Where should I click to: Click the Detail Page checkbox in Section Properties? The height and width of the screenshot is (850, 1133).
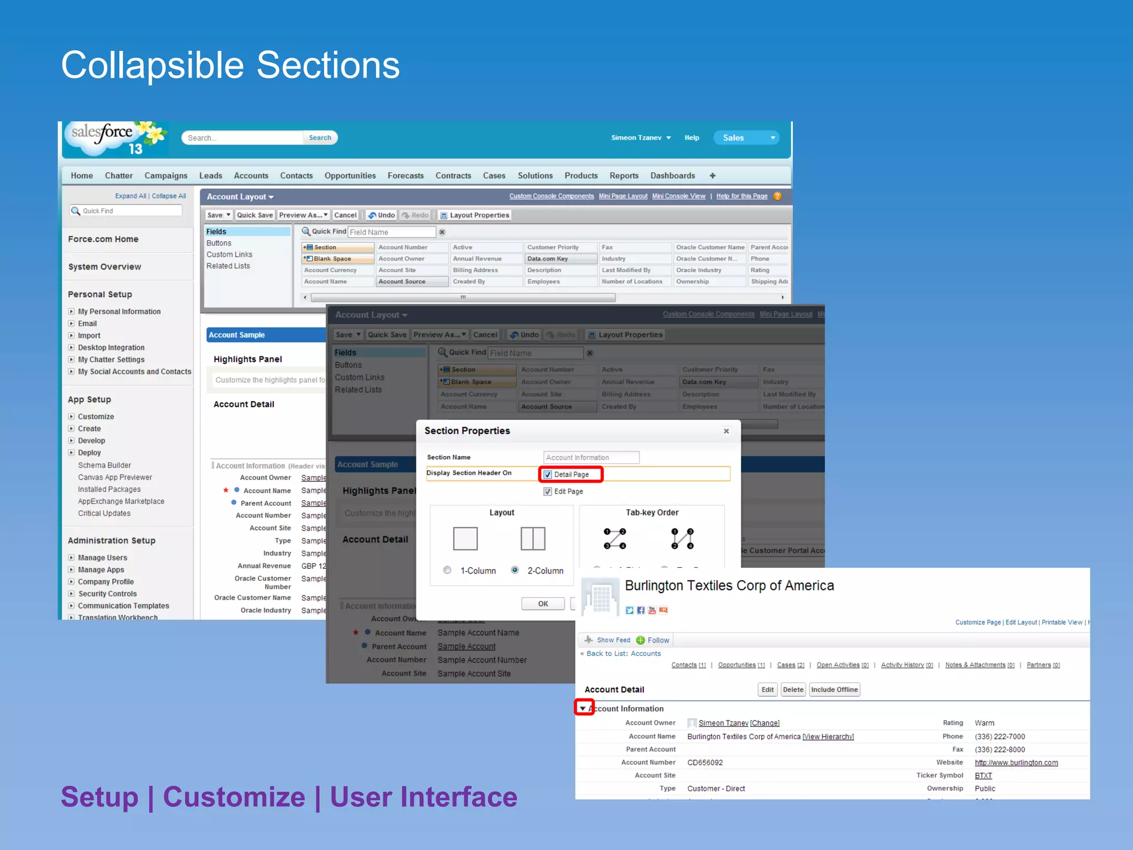(548, 474)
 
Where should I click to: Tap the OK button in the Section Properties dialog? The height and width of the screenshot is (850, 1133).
(543, 604)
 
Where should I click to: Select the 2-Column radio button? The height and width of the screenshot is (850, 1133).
(514, 570)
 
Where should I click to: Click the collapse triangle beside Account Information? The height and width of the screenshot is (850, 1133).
(583, 708)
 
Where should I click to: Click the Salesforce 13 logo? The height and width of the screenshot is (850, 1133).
(115, 138)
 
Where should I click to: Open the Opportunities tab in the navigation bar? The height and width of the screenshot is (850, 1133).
(350, 175)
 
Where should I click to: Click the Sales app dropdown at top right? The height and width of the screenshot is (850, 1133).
(746, 138)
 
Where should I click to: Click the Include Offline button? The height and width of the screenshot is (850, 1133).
(834, 690)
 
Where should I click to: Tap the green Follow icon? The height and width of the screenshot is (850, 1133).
(641, 640)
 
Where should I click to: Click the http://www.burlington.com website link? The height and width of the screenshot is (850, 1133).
(1016, 763)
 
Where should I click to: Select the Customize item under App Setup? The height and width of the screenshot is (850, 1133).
(96, 417)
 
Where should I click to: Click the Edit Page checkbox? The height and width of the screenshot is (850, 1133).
(548, 491)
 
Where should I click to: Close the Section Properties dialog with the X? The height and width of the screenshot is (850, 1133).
(726, 431)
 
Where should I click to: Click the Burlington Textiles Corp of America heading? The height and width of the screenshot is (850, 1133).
(729, 585)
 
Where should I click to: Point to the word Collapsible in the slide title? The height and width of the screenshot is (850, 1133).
(152, 65)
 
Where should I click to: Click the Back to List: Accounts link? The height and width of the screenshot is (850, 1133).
(623, 654)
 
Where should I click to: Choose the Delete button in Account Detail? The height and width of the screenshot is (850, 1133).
(793, 690)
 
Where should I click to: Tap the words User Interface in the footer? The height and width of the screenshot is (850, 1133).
(423, 797)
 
